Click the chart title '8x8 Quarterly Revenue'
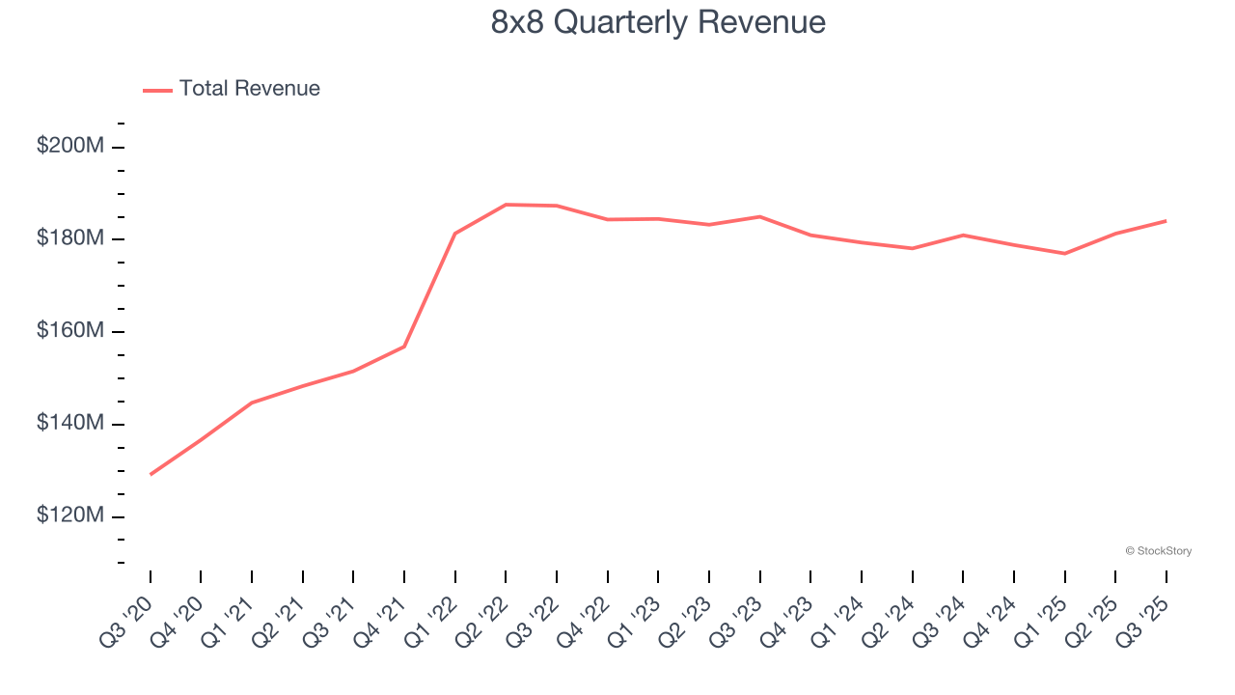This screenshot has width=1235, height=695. point(658,22)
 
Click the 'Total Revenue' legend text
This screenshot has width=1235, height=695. point(249,89)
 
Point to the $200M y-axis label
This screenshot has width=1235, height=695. point(70,147)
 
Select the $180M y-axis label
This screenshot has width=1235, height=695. point(70,238)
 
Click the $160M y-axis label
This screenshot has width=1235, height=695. point(70,331)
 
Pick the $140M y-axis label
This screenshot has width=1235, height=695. point(70,424)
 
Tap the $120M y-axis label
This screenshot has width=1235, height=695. point(70,516)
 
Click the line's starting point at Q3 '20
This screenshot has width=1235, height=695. point(151,474)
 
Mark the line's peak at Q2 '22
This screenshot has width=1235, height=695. point(506,205)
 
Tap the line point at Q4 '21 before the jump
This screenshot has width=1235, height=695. point(404,347)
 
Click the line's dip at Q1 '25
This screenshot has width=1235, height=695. point(1064,254)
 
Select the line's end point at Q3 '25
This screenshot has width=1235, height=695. point(1166,221)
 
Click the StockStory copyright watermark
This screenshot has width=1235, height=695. point(1158,551)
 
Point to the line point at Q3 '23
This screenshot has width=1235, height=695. point(759,216)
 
